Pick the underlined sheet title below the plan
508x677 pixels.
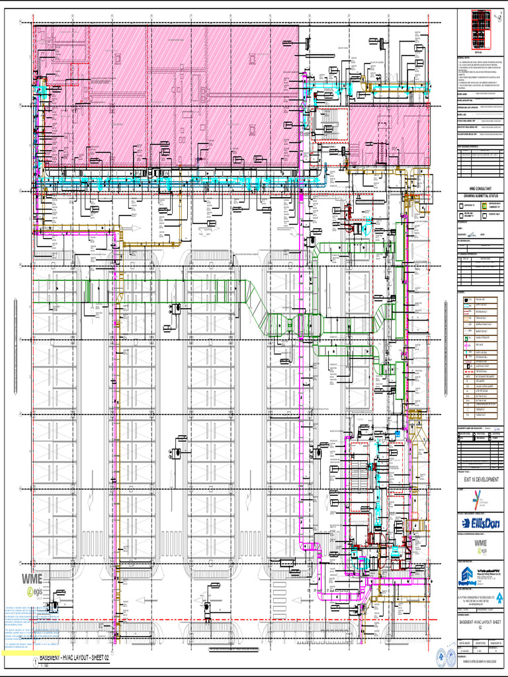point(73,658)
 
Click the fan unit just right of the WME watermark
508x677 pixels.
point(53,606)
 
